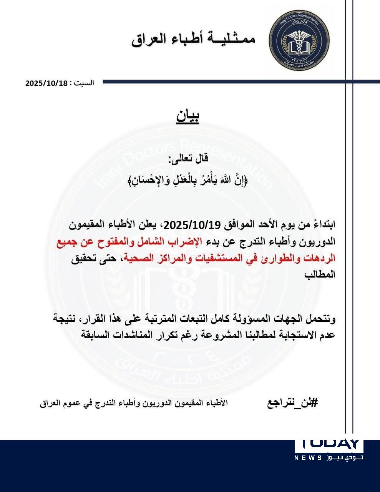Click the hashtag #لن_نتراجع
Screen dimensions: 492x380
[293, 403]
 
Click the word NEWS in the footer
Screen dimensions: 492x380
[309, 458]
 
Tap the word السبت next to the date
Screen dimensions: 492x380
[85, 83]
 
